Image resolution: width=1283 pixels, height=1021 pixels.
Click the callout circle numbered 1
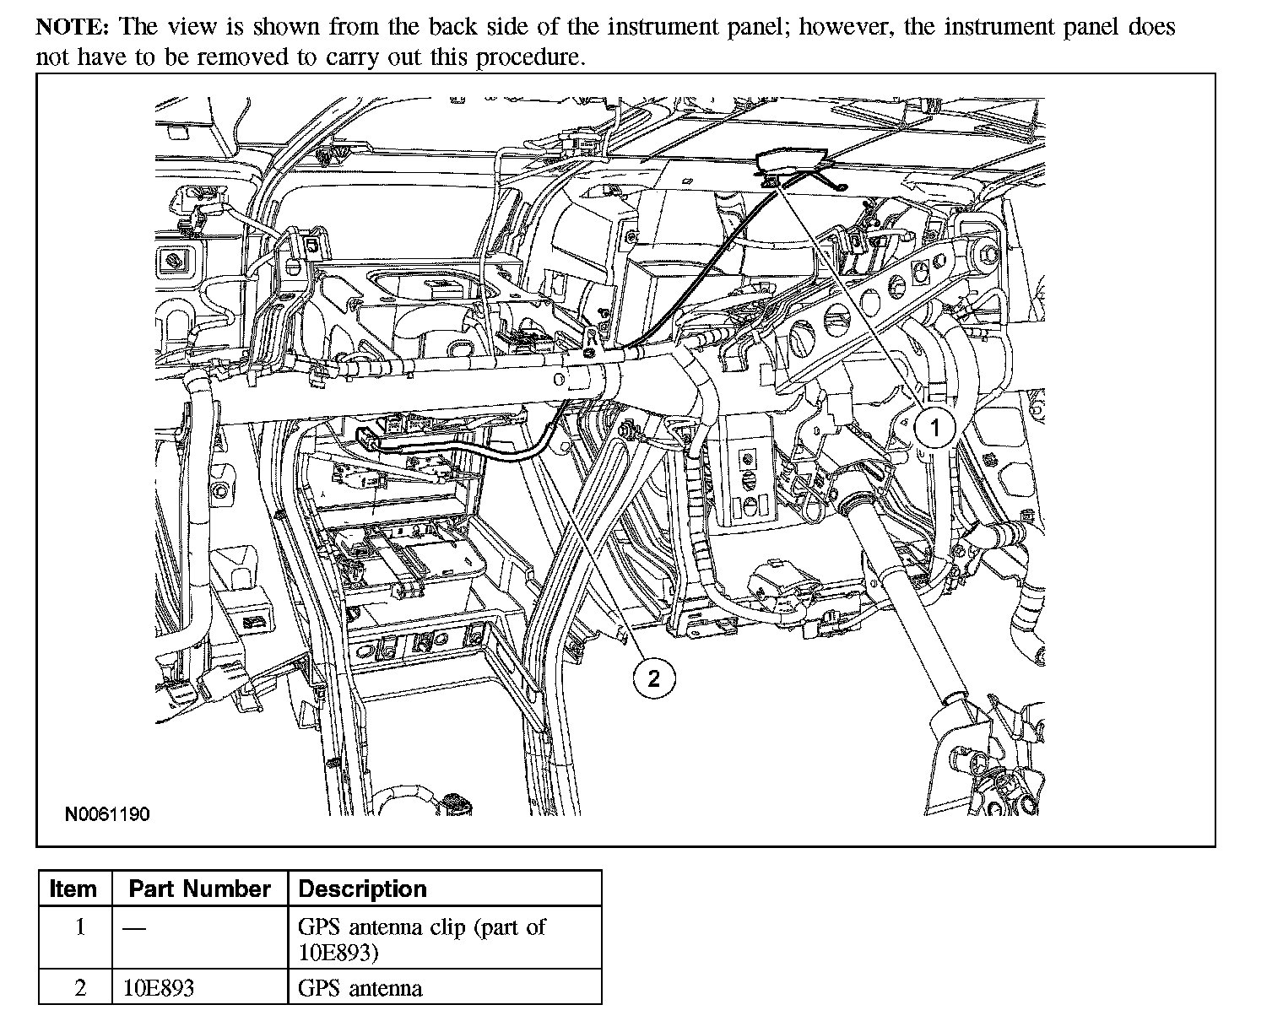pyautogui.click(x=934, y=428)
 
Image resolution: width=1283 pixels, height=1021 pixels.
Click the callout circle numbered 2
pyautogui.click(x=654, y=678)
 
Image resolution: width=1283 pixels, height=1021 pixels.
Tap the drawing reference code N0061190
pyautogui.click(x=108, y=814)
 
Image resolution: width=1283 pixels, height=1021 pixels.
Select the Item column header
pyautogui.click(x=73, y=889)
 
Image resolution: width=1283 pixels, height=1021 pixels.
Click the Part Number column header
pyautogui.click(x=199, y=889)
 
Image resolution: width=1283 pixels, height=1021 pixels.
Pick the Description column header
pyautogui.click(x=363, y=889)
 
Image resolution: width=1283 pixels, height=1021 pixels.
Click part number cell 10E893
pyautogui.click(x=159, y=988)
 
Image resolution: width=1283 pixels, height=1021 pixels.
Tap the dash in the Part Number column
pyautogui.click(x=133, y=928)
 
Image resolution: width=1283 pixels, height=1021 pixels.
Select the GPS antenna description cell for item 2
pyautogui.click(x=360, y=988)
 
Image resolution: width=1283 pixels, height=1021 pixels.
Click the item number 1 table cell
pyautogui.click(x=80, y=928)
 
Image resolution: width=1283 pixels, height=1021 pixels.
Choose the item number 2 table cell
pyautogui.click(x=80, y=988)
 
